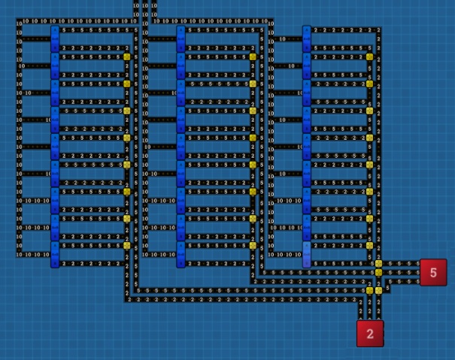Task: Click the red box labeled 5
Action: pos(433,272)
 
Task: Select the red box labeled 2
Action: pos(370,334)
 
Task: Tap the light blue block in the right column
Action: pos(307,254)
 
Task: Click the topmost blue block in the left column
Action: pos(55,35)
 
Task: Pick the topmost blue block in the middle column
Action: pos(181,35)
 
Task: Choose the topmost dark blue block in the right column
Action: pos(307,35)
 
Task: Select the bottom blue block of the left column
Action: pos(55,256)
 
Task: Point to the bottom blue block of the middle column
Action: pos(181,256)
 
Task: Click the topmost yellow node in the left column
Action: pos(127,56)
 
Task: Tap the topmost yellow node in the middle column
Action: pos(253,56)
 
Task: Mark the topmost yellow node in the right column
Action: pos(370,56)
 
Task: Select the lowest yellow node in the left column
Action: pos(127,246)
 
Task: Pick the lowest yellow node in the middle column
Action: pos(253,246)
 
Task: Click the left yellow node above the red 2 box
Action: pos(369,291)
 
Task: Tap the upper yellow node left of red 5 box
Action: pos(379,264)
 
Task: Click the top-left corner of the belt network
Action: pos(19,21)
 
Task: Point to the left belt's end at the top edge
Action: pos(136,3)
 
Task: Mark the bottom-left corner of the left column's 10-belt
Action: pos(19,255)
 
